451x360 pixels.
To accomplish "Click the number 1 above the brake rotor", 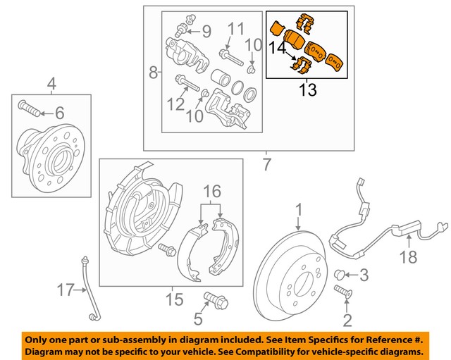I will click(298, 209).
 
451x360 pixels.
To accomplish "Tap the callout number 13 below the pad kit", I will click(307, 90).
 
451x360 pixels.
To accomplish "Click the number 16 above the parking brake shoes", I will click(213, 192).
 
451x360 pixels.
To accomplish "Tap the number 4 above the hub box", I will click(51, 86).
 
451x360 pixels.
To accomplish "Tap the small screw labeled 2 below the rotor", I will click(345, 291).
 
